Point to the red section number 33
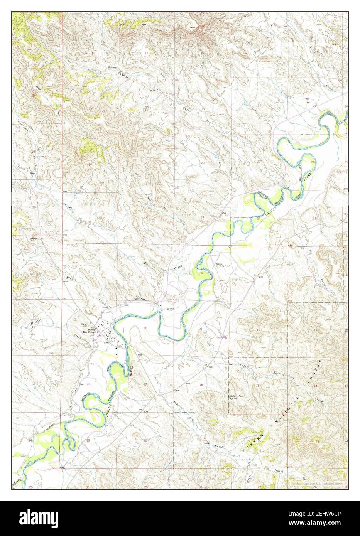202,217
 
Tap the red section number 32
145,217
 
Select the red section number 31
90,218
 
